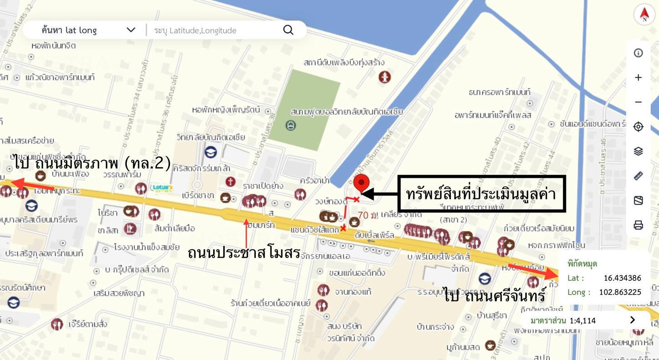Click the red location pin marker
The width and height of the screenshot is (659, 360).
click(x=361, y=183)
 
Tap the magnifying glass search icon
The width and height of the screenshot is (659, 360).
click(x=288, y=30)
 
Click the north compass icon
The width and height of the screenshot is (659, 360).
click(x=644, y=14)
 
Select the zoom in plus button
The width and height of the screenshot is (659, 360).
click(x=638, y=78)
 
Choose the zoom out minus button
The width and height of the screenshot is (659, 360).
click(x=638, y=102)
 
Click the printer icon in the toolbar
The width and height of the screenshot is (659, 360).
click(x=638, y=225)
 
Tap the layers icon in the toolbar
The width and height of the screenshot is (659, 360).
click(x=638, y=151)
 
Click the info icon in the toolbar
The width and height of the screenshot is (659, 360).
click(x=638, y=53)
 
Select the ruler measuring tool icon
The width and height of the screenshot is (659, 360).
click(x=638, y=176)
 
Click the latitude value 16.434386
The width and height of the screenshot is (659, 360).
click(x=622, y=278)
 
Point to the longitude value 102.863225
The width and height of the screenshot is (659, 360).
click(x=620, y=292)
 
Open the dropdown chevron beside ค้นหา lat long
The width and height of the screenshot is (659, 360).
click(x=131, y=30)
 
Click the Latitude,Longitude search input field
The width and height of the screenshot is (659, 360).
click(x=214, y=30)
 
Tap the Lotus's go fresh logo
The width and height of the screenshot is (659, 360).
click(x=163, y=188)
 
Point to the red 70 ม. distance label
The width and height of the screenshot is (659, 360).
click(x=368, y=215)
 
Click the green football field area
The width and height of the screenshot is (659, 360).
click(x=304, y=110)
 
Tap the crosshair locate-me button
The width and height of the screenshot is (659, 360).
click(x=638, y=127)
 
